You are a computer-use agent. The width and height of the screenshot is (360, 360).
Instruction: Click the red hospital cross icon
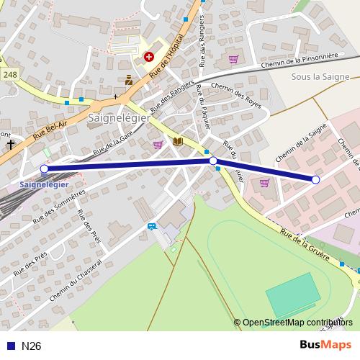(149, 55)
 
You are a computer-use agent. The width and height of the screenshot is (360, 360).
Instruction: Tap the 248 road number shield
(10, 75)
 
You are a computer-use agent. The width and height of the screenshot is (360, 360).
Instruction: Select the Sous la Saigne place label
(320, 76)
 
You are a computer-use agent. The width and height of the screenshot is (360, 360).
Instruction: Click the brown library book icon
(177, 142)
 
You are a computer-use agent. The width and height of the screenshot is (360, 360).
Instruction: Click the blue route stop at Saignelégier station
(45, 169)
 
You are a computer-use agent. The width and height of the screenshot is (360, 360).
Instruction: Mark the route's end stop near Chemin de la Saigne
(315, 179)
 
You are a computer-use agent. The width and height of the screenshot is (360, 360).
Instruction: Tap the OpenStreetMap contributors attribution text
(297, 322)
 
